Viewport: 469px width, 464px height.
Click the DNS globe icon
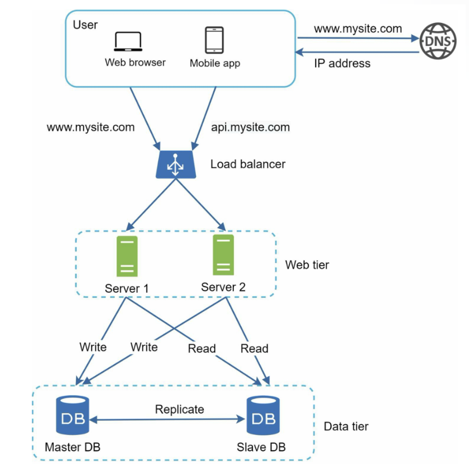pos(438,41)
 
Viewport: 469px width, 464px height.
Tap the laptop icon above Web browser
pos(128,41)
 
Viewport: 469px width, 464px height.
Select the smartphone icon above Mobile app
pos(214,40)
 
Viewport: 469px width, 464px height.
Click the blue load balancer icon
pos(176,165)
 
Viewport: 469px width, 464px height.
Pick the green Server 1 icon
pos(127,256)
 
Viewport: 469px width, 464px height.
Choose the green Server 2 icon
pos(223,255)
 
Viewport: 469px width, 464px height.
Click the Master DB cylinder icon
pos(73,415)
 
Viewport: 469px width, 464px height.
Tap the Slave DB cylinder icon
pos(263,415)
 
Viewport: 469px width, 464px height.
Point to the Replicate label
pos(180,409)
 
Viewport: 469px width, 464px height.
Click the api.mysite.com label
pos(251,127)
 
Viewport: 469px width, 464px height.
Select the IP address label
pos(342,63)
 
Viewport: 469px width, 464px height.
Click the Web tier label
pos(307,265)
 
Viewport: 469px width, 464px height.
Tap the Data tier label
pos(346,426)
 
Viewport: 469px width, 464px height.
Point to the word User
pos(85,25)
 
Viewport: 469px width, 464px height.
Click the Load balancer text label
pos(248,164)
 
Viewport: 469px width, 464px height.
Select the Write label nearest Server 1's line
pos(93,347)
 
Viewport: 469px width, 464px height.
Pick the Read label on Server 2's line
pos(255,348)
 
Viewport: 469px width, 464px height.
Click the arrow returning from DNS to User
pos(357,53)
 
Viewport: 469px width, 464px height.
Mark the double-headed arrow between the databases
pos(167,419)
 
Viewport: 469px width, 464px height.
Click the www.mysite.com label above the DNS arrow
pos(358,29)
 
